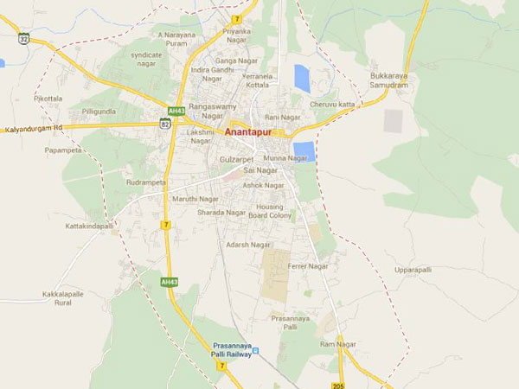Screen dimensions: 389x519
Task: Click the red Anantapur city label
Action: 251,133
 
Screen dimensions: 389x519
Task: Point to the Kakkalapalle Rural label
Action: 63,299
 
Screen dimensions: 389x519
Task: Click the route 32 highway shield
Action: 24,37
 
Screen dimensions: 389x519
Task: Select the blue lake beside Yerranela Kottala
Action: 301,78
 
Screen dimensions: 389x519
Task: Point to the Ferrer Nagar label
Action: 308,266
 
